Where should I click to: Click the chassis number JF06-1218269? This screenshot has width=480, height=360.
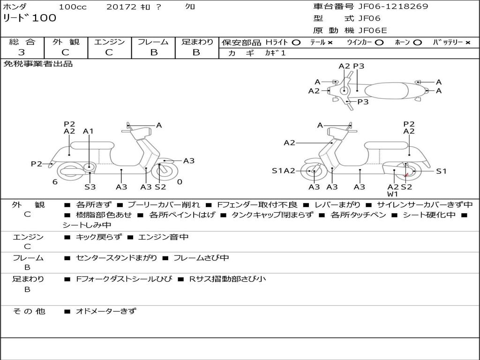pyautogui.click(x=393, y=6)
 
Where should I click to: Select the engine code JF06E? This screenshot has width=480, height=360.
pyautogui.click(x=373, y=30)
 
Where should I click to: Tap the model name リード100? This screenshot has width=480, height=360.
pyautogui.click(x=30, y=18)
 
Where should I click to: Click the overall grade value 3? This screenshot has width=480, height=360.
pyautogui.click(x=22, y=52)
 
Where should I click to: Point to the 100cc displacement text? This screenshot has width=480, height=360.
pyautogui.click(x=73, y=7)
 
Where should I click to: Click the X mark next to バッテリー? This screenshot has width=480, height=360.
pyautogui.click(x=468, y=43)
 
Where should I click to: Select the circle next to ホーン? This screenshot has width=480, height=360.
pyautogui.click(x=417, y=43)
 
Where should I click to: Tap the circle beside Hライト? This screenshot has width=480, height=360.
pyautogui.click(x=296, y=43)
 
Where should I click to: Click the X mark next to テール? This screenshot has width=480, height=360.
pyautogui.click(x=330, y=43)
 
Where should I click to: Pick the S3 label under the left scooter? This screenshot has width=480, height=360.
pyautogui.click(x=90, y=187)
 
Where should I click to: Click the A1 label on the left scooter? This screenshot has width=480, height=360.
pyautogui.click(x=88, y=131)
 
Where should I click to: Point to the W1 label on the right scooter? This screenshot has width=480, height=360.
pyautogui.click(x=392, y=194)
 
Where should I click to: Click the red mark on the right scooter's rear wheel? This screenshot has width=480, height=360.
pyautogui.click(x=406, y=175)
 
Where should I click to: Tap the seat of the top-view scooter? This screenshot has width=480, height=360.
pyautogui.click(x=386, y=91)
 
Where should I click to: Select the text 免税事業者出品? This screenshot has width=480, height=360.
pyautogui.click(x=38, y=64)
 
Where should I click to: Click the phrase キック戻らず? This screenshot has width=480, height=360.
pyautogui.click(x=98, y=237)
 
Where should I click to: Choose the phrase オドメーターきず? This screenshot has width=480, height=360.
pyautogui.click(x=105, y=311)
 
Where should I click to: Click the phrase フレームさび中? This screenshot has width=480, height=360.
pyautogui.click(x=201, y=258)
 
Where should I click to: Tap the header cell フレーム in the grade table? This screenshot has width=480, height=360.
pyautogui.click(x=153, y=42)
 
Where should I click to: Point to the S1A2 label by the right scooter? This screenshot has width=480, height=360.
pyautogui.click(x=284, y=171)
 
